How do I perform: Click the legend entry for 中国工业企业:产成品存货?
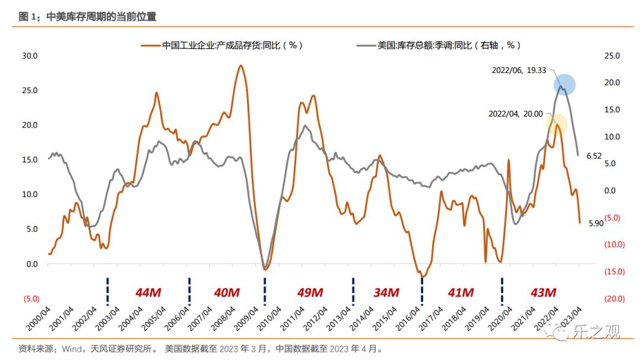click(x=232, y=46)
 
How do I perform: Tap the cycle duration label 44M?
click(x=148, y=292)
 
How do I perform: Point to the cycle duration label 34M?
click(x=386, y=292)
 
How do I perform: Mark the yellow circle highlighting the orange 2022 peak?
click(x=556, y=124)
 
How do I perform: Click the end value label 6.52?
click(x=594, y=155)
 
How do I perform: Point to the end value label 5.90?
click(x=596, y=224)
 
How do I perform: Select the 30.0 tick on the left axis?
click(x=30, y=56)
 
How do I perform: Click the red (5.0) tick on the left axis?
click(x=30, y=299)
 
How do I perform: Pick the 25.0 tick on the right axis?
click(x=611, y=56)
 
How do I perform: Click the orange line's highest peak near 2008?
click(x=240, y=66)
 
